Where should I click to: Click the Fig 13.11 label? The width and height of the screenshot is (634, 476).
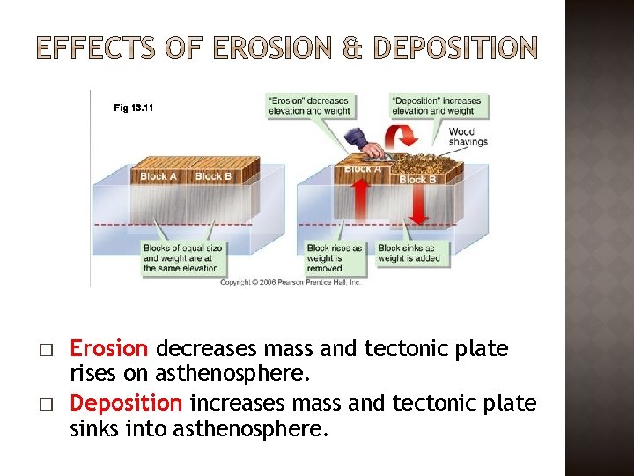(134, 108)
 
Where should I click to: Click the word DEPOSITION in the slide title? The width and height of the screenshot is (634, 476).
(454, 49)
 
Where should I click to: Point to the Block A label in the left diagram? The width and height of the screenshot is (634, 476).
(158, 176)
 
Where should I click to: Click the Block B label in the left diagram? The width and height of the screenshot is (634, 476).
(214, 176)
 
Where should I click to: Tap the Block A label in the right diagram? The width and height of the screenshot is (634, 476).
(362, 169)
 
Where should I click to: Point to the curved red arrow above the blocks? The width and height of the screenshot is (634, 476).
(404, 138)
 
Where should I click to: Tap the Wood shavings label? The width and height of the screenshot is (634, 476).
(468, 138)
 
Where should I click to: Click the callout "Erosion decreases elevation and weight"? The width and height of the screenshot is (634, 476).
(308, 106)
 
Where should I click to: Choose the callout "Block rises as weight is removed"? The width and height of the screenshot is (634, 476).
(334, 254)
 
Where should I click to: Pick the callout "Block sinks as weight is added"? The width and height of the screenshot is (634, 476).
(406, 254)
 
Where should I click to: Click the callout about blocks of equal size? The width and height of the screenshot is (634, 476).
(181, 257)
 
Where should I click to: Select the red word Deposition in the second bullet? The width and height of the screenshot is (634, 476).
(126, 404)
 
